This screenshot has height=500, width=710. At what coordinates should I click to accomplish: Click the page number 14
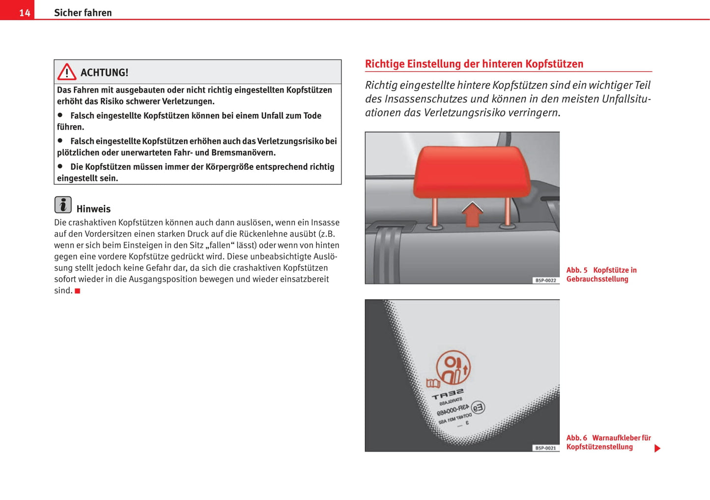point(25,13)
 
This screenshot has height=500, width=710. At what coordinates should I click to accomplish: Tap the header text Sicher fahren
point(83,13)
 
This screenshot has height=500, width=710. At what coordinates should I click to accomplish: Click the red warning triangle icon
point(67,72)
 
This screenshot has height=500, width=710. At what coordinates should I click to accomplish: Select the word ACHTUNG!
point(104,73)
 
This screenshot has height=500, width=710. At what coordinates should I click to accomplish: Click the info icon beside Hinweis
point(63,205)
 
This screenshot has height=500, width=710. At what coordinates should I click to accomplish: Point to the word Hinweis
point(93,209)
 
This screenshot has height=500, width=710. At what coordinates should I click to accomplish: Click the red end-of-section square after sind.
point(78,291)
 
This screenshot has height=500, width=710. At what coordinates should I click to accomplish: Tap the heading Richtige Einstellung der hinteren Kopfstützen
point(474,64)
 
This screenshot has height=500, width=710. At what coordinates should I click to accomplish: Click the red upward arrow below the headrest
point(472,214)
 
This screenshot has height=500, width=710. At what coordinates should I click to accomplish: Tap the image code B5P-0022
point(545,280)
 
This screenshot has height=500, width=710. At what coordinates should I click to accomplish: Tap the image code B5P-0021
point(545,448)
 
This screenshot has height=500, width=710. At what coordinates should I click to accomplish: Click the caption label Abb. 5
point(577,270)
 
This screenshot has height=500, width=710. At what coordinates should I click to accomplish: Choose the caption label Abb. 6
point(576,438)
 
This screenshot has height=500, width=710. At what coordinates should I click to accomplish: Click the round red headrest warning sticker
point(453,368)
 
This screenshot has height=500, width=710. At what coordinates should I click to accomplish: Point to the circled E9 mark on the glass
point(478,407)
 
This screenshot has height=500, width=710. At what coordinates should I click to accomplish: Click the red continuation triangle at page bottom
point(657,448)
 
